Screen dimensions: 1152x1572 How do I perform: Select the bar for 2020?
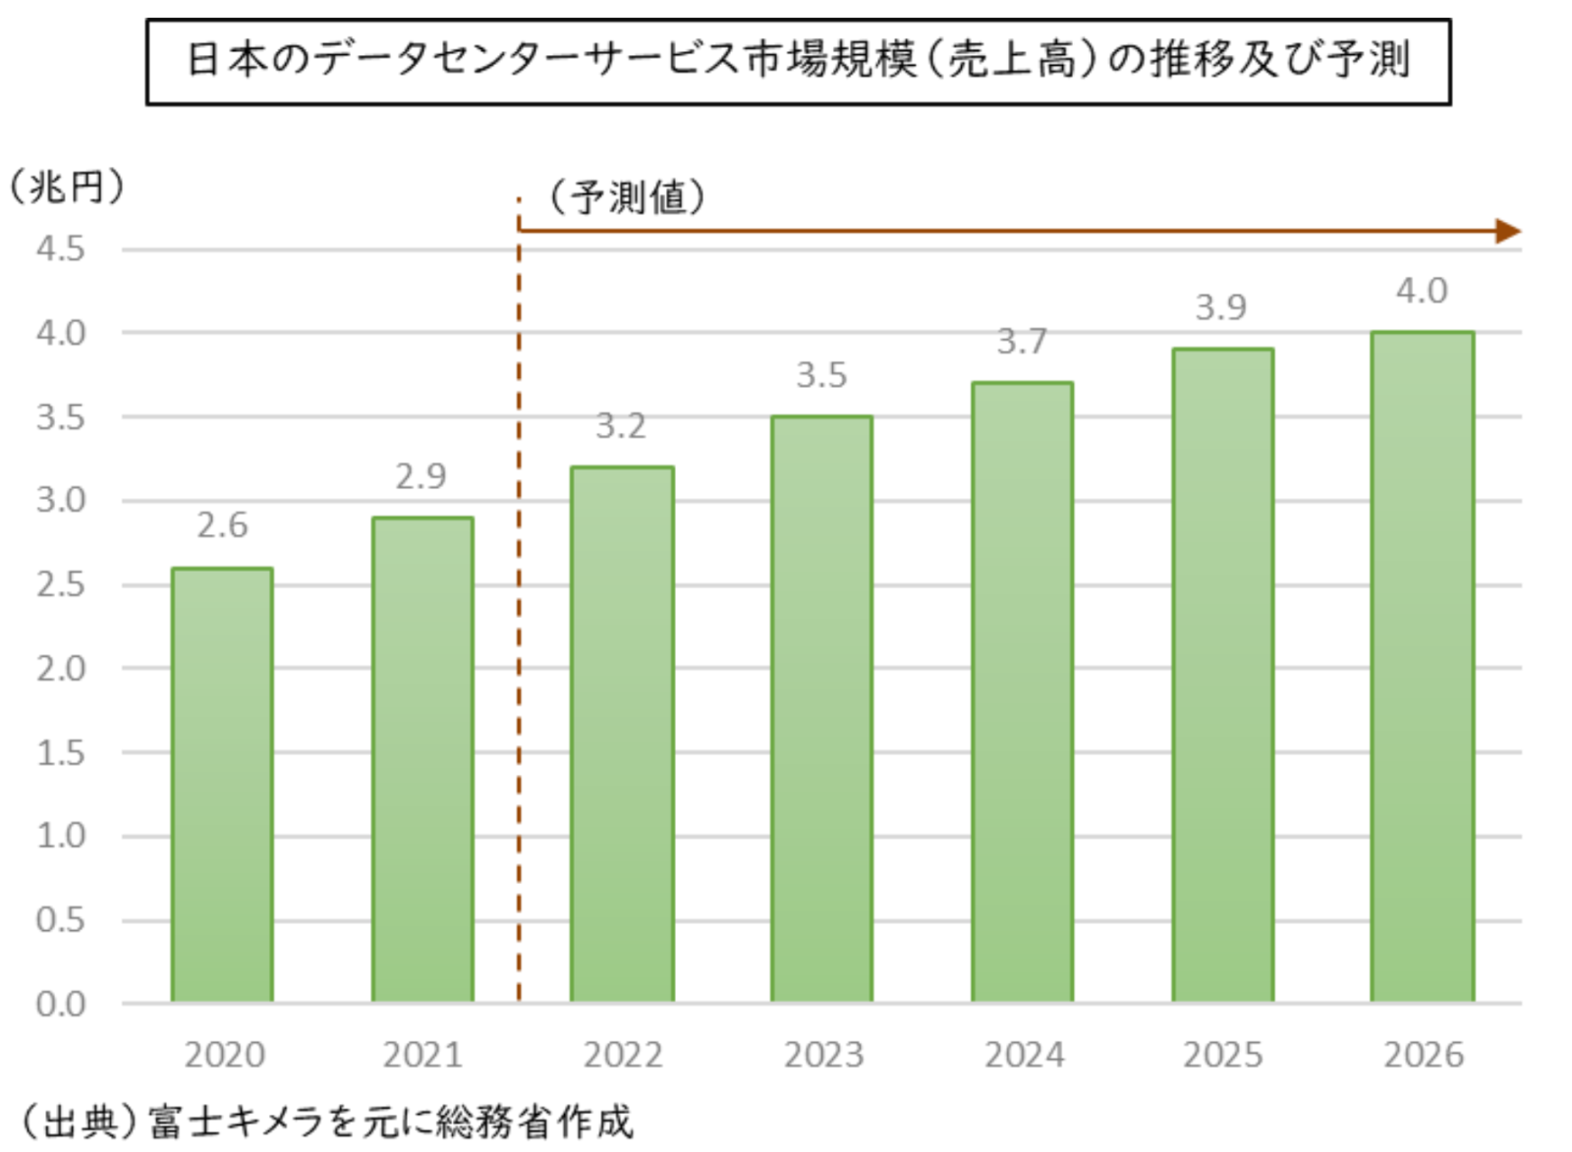222,786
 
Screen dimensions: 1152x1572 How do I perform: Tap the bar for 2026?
1422,668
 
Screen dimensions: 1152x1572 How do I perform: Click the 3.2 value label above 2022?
621,426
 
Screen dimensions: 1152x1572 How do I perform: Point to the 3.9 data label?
1220,308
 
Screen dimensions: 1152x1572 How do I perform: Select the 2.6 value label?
222,526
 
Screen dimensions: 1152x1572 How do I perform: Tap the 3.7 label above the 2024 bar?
1022,342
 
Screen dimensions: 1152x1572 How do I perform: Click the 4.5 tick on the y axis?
61,248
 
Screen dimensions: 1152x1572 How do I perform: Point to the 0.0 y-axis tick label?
61,1004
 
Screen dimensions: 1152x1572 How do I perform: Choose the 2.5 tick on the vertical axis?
61,584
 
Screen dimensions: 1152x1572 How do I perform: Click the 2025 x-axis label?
1222,1055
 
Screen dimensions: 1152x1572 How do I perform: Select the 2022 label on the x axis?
623,1055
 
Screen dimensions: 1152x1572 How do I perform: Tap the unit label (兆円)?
67,186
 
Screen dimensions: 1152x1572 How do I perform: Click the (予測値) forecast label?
627,197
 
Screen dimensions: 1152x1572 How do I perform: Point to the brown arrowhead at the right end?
1508,232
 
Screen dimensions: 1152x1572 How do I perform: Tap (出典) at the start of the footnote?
81,1122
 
